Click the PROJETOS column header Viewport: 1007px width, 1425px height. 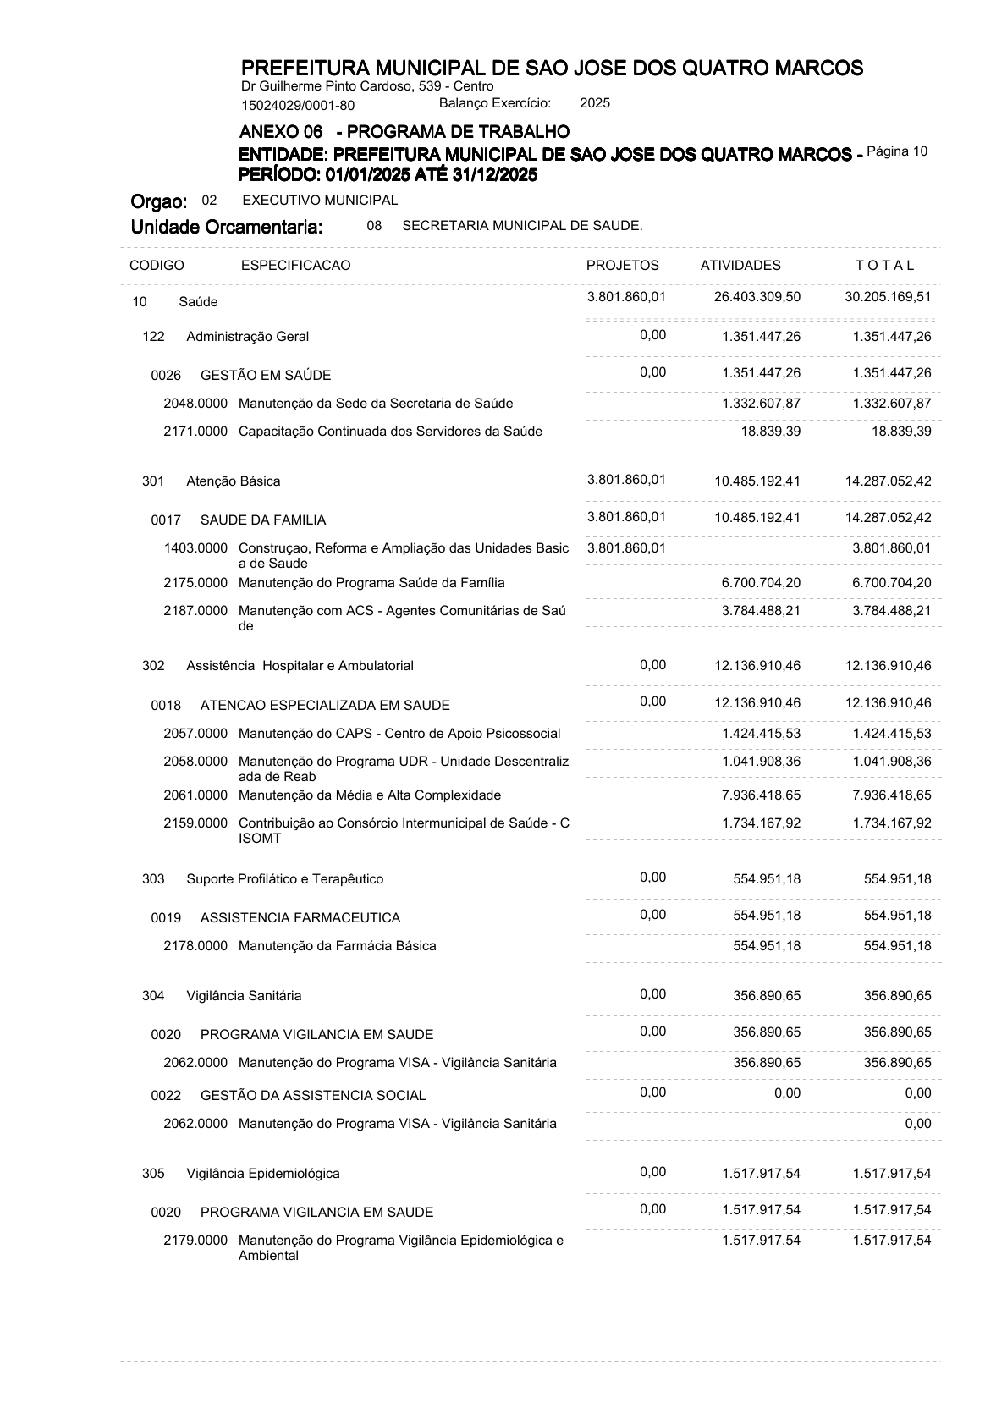622,266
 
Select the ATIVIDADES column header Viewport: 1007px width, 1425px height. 740,266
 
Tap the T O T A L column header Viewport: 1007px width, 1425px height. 885,266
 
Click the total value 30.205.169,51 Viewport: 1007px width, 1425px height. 888,297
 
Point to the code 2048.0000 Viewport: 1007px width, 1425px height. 195,404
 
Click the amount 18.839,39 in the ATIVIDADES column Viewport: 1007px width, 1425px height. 771,432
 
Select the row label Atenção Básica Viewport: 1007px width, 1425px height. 234,481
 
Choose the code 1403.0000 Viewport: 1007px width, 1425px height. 195,548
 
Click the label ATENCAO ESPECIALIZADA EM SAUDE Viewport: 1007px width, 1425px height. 325,706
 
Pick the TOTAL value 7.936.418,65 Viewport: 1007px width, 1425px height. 892,795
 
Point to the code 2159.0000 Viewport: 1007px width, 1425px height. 195,823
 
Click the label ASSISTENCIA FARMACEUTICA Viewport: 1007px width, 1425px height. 300,918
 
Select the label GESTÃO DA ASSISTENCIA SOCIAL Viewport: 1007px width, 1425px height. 313,1096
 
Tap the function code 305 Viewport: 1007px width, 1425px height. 153,1174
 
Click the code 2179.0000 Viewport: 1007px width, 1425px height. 195,1241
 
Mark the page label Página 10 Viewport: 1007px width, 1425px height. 898,151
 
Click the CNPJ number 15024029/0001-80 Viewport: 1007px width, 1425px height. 298,106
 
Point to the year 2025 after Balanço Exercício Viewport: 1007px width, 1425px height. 595,103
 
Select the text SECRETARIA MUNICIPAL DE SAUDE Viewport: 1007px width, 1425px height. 522,226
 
